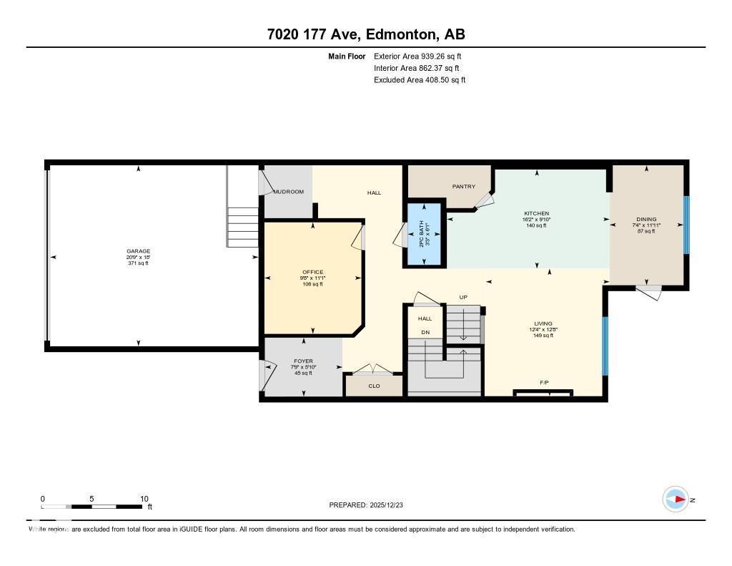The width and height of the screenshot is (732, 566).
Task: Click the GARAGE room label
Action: point(139,251)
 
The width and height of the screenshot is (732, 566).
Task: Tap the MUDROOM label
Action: point(290,192)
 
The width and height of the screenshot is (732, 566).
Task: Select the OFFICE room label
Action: point(312,272)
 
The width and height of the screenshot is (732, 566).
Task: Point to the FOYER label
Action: point(303,361)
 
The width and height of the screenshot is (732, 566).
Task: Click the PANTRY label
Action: point(464,187)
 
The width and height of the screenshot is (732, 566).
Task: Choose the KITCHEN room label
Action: point(536,213)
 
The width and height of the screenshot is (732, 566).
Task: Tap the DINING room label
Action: point(646,220)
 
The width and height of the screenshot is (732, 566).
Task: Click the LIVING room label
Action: point(543,323)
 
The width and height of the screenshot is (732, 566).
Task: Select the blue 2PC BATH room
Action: point(424,235)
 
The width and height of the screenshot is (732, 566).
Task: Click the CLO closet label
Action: point(374,386)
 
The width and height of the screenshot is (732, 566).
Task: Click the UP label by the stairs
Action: point(463,297)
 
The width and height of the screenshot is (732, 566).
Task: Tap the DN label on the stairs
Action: point(425,332)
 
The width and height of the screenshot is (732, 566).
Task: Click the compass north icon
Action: point(676,499)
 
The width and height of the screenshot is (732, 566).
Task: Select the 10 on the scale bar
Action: point(144,499)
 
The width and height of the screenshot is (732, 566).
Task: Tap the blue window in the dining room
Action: point(686,225)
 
